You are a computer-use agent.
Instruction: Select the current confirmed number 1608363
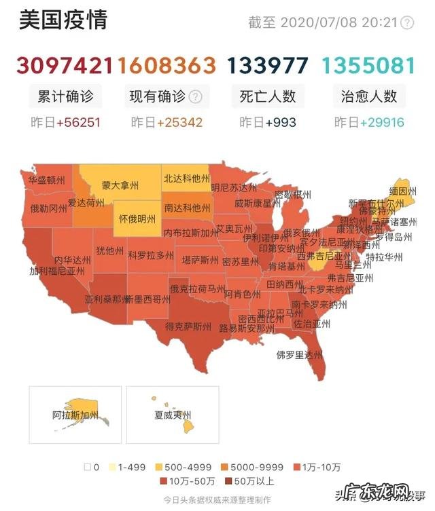[x=167, y=65]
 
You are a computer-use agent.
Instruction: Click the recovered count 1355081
[x=368, y=65]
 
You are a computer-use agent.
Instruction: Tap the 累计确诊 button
[x=65, y=96]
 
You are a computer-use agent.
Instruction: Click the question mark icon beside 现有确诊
[x=195, y=96]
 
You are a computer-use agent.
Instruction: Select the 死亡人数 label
[x=268, y=96]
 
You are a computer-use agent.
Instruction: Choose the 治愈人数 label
[x=369, y=96]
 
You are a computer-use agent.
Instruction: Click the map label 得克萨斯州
[x=188, y=326]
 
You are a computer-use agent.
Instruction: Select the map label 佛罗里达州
[x=298, y=354]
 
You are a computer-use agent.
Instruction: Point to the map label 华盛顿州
[x=47, y=181]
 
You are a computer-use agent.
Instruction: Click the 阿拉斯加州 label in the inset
[x=75, y=414]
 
